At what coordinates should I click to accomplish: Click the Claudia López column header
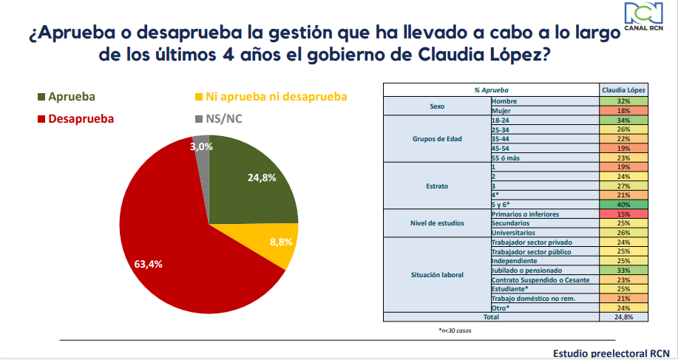tap(623, 90)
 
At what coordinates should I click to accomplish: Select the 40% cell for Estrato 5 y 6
tap(623, 205)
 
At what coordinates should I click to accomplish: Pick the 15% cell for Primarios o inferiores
tap(623, 214)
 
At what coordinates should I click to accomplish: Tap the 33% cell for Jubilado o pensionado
tap(623, 271)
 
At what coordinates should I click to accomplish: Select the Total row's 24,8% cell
tap(623, 318)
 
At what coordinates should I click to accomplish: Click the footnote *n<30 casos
tap(455, 330)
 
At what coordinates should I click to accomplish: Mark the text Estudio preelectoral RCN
tap(610, 353)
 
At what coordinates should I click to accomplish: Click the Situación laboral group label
tap(437, 275)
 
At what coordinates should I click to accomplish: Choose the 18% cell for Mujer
tap(623, 109)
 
